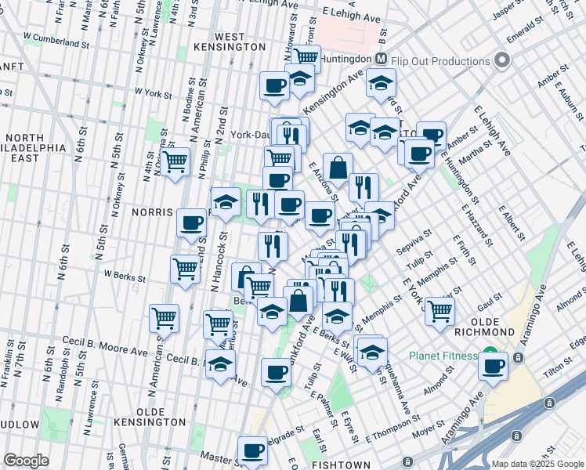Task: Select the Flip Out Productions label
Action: click(x=441, y=61)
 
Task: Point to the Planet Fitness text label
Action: click(x=443, y=356)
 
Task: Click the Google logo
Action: click(x=26, y=460)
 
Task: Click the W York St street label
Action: click(x=153, y=93)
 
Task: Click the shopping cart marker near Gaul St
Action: click(x=440, y=310)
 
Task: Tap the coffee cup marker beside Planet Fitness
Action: click(x=493, y=367)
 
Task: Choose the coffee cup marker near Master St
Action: click(x=252, y=450)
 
